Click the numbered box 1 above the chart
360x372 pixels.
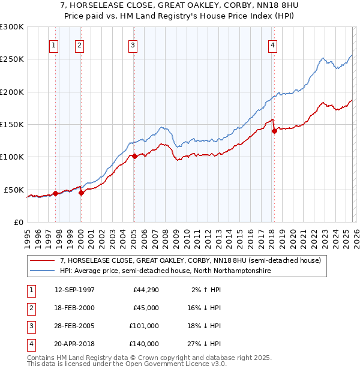click(54, 44)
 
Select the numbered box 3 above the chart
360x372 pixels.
click(133, 44)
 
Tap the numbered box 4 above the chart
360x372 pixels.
click(272, 44)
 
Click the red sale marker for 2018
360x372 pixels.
click(274, 131)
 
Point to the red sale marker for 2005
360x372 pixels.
click(134, 156)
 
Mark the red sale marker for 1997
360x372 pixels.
click(55, 193)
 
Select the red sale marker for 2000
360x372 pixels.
click(81, 193)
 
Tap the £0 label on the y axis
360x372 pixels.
click(17, 222)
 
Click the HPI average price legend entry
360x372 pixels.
click(165, 271)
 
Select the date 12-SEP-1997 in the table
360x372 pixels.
click(74, 290)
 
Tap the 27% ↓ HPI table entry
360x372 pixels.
click(203, 344)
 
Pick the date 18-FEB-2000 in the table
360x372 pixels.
click(74, 308)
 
